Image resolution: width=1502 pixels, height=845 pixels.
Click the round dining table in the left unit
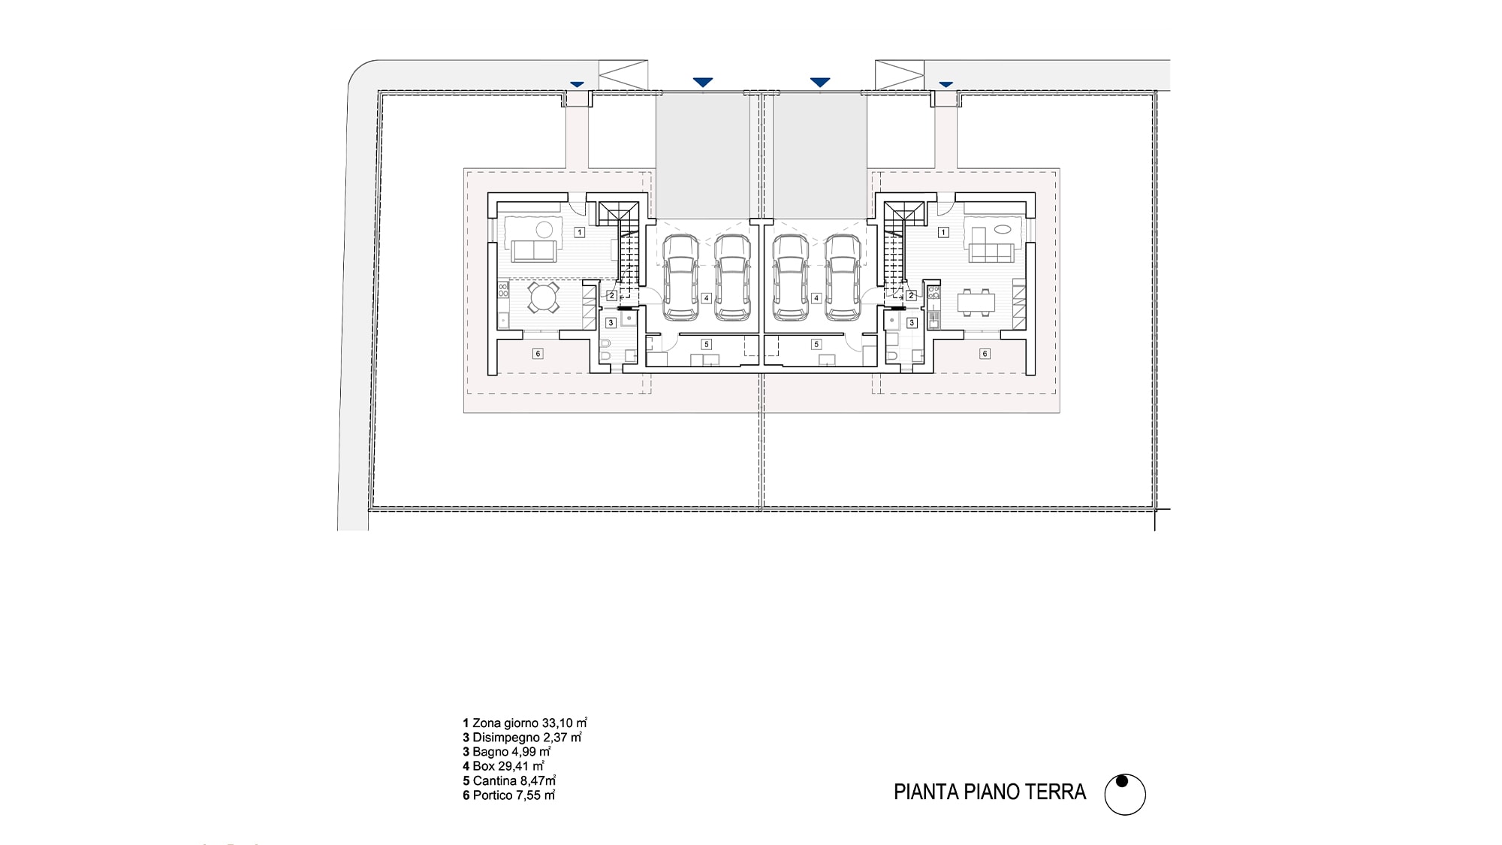542,298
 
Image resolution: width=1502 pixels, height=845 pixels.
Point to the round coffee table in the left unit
544,229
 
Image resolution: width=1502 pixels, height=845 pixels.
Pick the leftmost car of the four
681,276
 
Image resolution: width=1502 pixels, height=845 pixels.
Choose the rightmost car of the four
843,276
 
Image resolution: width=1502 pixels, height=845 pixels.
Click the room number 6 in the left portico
538,353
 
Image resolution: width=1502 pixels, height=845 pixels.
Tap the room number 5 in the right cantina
817,344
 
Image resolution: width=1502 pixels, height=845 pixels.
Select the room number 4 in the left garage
707,297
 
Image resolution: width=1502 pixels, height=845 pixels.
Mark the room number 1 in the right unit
944,233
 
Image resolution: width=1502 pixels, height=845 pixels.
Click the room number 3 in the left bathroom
611,322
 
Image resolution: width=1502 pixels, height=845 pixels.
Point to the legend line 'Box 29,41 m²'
503,766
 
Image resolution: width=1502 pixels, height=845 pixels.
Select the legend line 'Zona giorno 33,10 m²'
525,723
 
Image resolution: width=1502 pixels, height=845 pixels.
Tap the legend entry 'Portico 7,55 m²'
509,795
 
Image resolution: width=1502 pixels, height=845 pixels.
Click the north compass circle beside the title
1125,795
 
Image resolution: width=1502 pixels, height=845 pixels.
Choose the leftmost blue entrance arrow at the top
577,84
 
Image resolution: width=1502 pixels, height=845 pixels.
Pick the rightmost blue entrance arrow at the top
946,84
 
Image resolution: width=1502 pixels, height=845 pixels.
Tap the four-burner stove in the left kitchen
503,290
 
